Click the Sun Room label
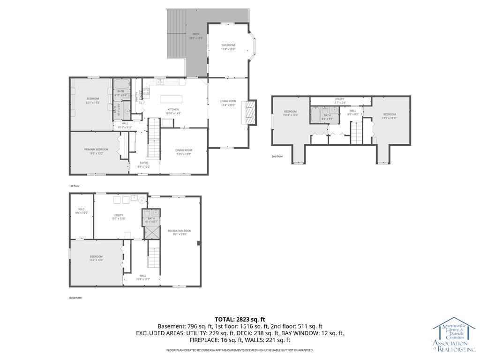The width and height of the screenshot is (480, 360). (x=228, y=47)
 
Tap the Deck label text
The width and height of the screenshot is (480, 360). (x=195, y=36)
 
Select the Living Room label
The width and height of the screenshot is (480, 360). (x=228, y=103)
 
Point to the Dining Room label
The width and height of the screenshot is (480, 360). (x=184, y=152)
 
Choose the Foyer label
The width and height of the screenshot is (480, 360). (x=143, y=165)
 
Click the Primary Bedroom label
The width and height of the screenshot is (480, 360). (x=96, y=151)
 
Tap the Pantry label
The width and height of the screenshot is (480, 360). (x=137, y=96)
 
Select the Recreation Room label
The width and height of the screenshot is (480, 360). (x=180, y=232)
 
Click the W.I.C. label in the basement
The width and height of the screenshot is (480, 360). (x=81, y=211)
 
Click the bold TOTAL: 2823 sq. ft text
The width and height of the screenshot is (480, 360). (x=240, y=319)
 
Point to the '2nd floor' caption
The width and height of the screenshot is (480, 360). (x=277, y=157)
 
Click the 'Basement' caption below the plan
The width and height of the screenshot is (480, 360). (x=75, y=298)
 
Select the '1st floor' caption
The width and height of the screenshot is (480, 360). (x=75, y=186)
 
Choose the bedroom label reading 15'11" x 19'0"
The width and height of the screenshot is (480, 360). (x=290, y=113)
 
